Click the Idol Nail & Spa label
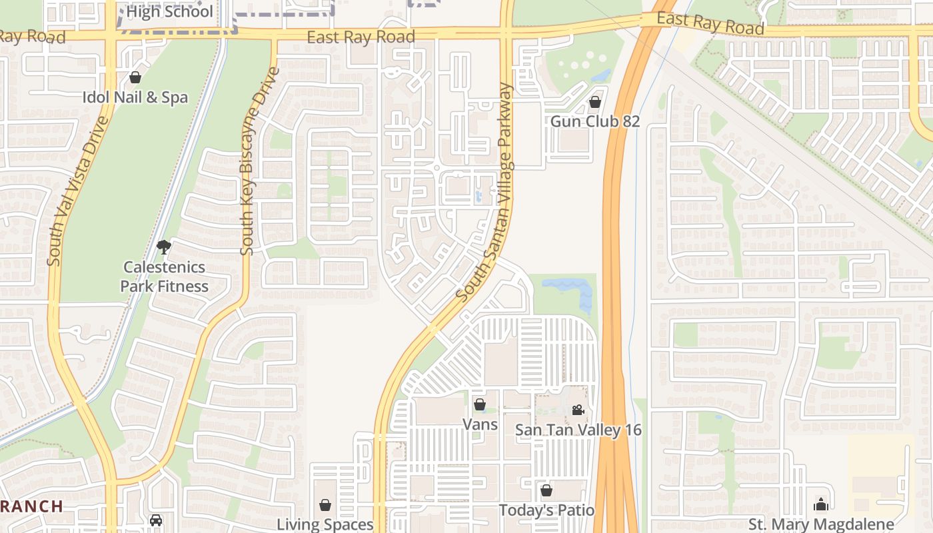tap(135, 97)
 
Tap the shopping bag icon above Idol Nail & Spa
tap(135, 77)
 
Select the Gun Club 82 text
tap(594, 121)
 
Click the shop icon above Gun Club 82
tap(594, 102)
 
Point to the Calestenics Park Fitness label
tap(165, 276)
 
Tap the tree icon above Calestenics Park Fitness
tap(163, 248)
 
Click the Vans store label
tap(480, 424)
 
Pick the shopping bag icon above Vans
tap(479, 404)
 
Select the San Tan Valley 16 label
tap(578, 430)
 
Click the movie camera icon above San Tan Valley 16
tap(578, 410)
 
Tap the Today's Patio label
tap(546, 510)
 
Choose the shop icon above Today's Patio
tap(546, 491)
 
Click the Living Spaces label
tap(325, 524)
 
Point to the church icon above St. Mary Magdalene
tap(821, 504)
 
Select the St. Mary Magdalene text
tap(821, 524)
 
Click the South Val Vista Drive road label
tap(78, 191)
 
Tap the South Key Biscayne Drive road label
tap(257, 160)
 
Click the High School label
tap(169, 11)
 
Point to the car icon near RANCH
tap(156, 520)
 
